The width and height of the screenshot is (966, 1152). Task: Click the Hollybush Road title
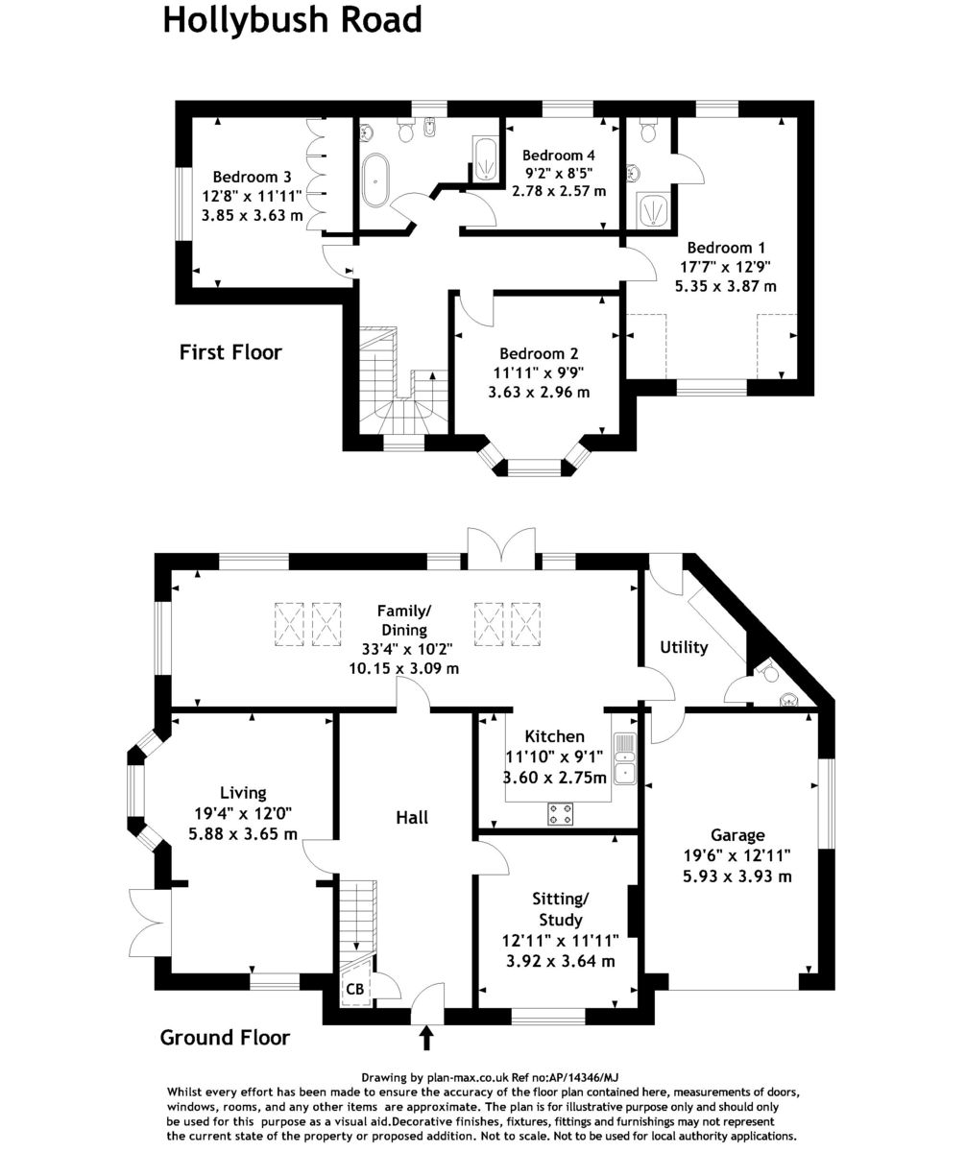(x=292, y=19)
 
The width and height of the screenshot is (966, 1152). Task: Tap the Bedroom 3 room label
(x=253, y=177)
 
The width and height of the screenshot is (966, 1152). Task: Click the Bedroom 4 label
(x=558, y=156)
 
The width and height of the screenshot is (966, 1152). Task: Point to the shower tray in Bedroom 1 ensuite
(x=653, y=210)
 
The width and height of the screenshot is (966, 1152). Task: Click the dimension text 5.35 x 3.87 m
(x=725, y=285)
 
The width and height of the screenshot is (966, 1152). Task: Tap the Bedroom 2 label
(x=539, y=353)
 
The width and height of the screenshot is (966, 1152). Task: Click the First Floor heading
(x=230, y=352)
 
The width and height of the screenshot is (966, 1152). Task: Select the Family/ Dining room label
(x=404, y=619)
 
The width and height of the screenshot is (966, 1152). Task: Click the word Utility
(x=684, y=647)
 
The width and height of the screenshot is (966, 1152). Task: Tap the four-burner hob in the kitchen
(x=562, y=815)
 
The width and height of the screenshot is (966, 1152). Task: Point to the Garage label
(x=737, y=835)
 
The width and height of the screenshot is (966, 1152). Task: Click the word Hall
(x=412, y=818)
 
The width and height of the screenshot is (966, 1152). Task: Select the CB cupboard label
(x=354, y=989)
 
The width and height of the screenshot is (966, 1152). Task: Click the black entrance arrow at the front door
(x=426, y=1038)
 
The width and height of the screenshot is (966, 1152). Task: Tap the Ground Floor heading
(x=225, y=1037)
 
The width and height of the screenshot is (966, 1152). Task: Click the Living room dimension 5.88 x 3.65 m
(x=243, y=833)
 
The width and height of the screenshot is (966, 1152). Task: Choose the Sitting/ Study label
(x=560, y=908)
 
